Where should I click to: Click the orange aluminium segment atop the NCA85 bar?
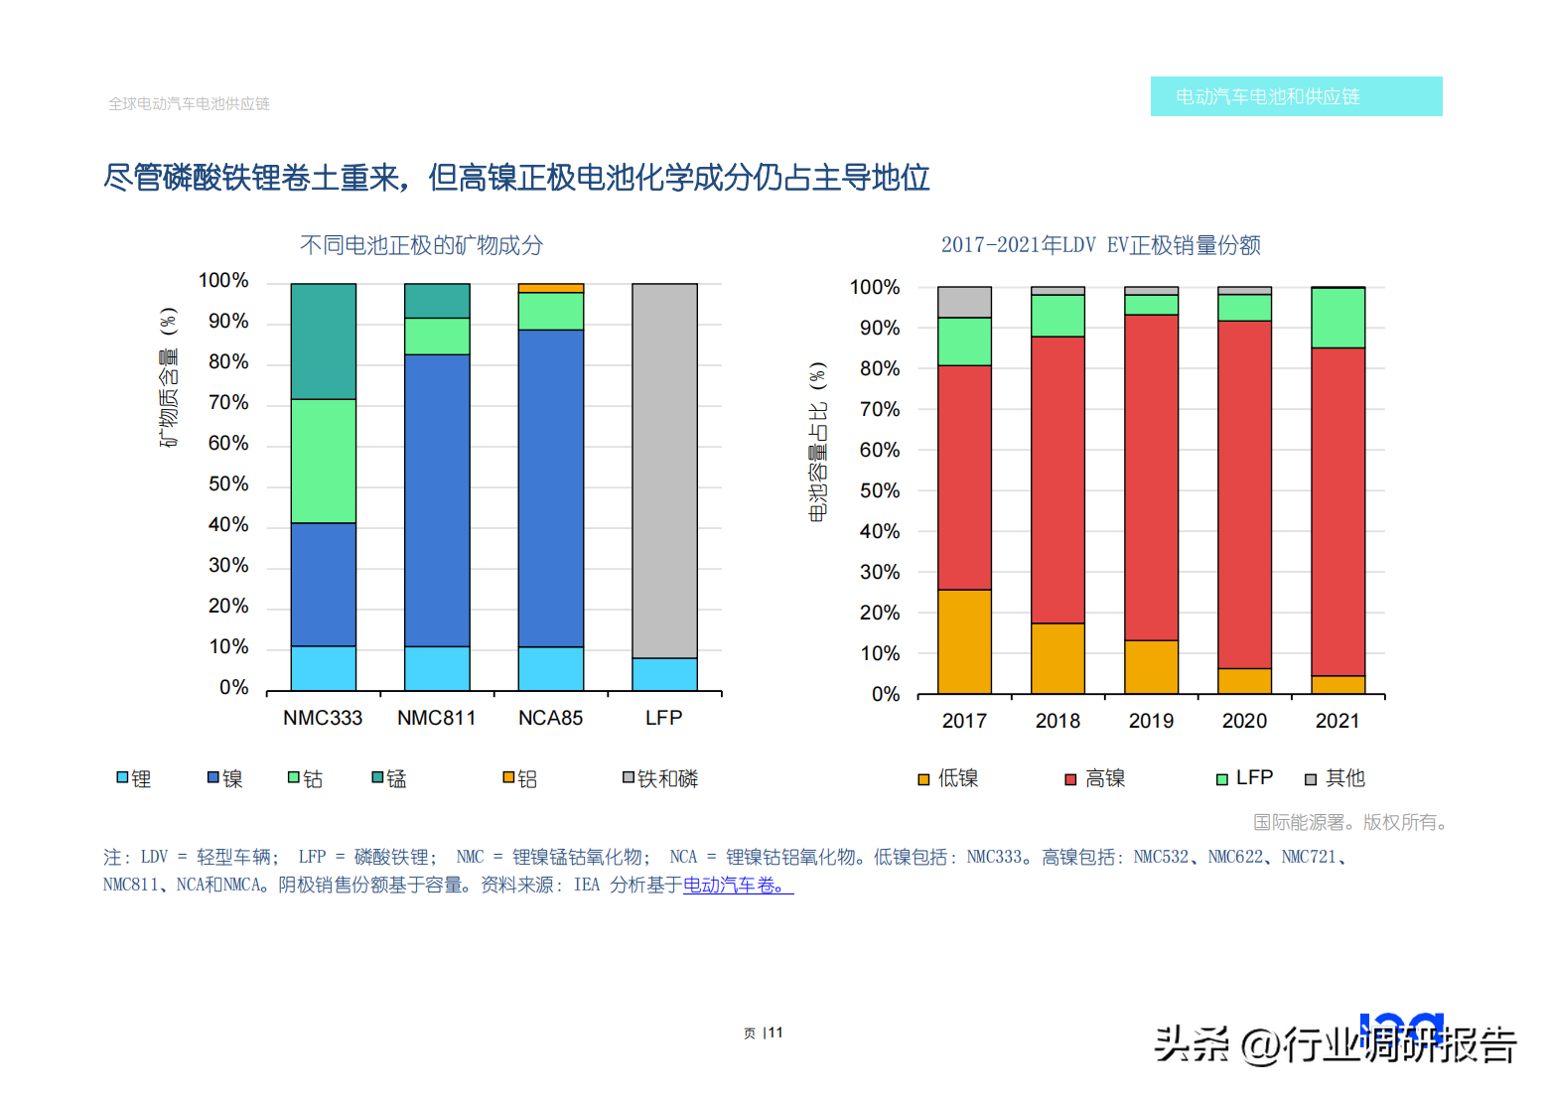[x=551, y=288]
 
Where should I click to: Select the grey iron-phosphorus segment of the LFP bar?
[x=665, y=471]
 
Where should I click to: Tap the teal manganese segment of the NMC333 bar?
[x=324, y=342]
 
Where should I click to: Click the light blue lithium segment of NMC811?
[x=438, y=668]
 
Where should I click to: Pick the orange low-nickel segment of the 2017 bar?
[x=965, y=641]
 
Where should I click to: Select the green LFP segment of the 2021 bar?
[x=1337, y=318]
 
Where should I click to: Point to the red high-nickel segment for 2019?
[x=1152, y=478]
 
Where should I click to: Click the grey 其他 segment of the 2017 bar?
[x=965, y=302]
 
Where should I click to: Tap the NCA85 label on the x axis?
[x=551, y=718]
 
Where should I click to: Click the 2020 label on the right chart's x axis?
[x=1244, y=721]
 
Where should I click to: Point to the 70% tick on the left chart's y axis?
[x=228, y=402]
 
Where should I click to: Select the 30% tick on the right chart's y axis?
[x=880, y=572]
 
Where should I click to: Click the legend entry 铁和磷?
[x=660, y=778]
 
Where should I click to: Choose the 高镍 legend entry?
[x=1095, y=778]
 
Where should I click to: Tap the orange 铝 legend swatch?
[x=508, y=777]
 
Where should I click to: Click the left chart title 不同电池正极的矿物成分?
[x=422, y=245]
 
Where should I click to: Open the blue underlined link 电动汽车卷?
[x=738, y=885]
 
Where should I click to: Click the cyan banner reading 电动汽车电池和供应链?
[x=1296, y=96]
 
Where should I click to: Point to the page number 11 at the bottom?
[x=775, y=1032]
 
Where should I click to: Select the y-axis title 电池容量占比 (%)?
[x=817, y=442]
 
